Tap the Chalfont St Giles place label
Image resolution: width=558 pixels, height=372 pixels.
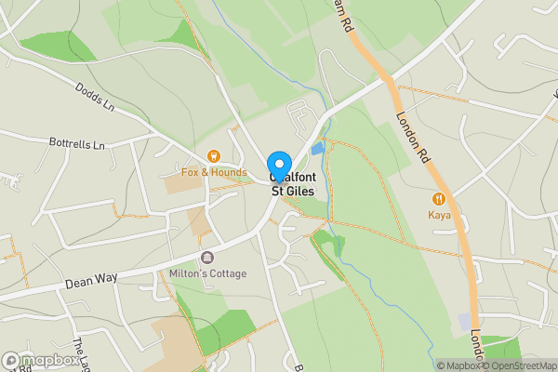point(292,184)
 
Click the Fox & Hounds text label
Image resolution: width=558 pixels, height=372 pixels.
point(214,172)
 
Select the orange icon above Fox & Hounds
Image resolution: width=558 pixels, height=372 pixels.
point(213,156)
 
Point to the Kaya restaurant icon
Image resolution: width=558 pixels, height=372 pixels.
point(439,198)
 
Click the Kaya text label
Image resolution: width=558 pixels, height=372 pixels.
point(439,215)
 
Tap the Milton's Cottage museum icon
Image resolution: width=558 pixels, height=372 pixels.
point(206,257)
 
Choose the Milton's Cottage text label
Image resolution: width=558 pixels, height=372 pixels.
point(208,273)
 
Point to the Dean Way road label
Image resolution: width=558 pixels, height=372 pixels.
point(88,282)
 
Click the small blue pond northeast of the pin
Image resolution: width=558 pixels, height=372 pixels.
point(319,148)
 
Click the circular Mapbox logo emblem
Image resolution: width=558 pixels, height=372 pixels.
point(12,360)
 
